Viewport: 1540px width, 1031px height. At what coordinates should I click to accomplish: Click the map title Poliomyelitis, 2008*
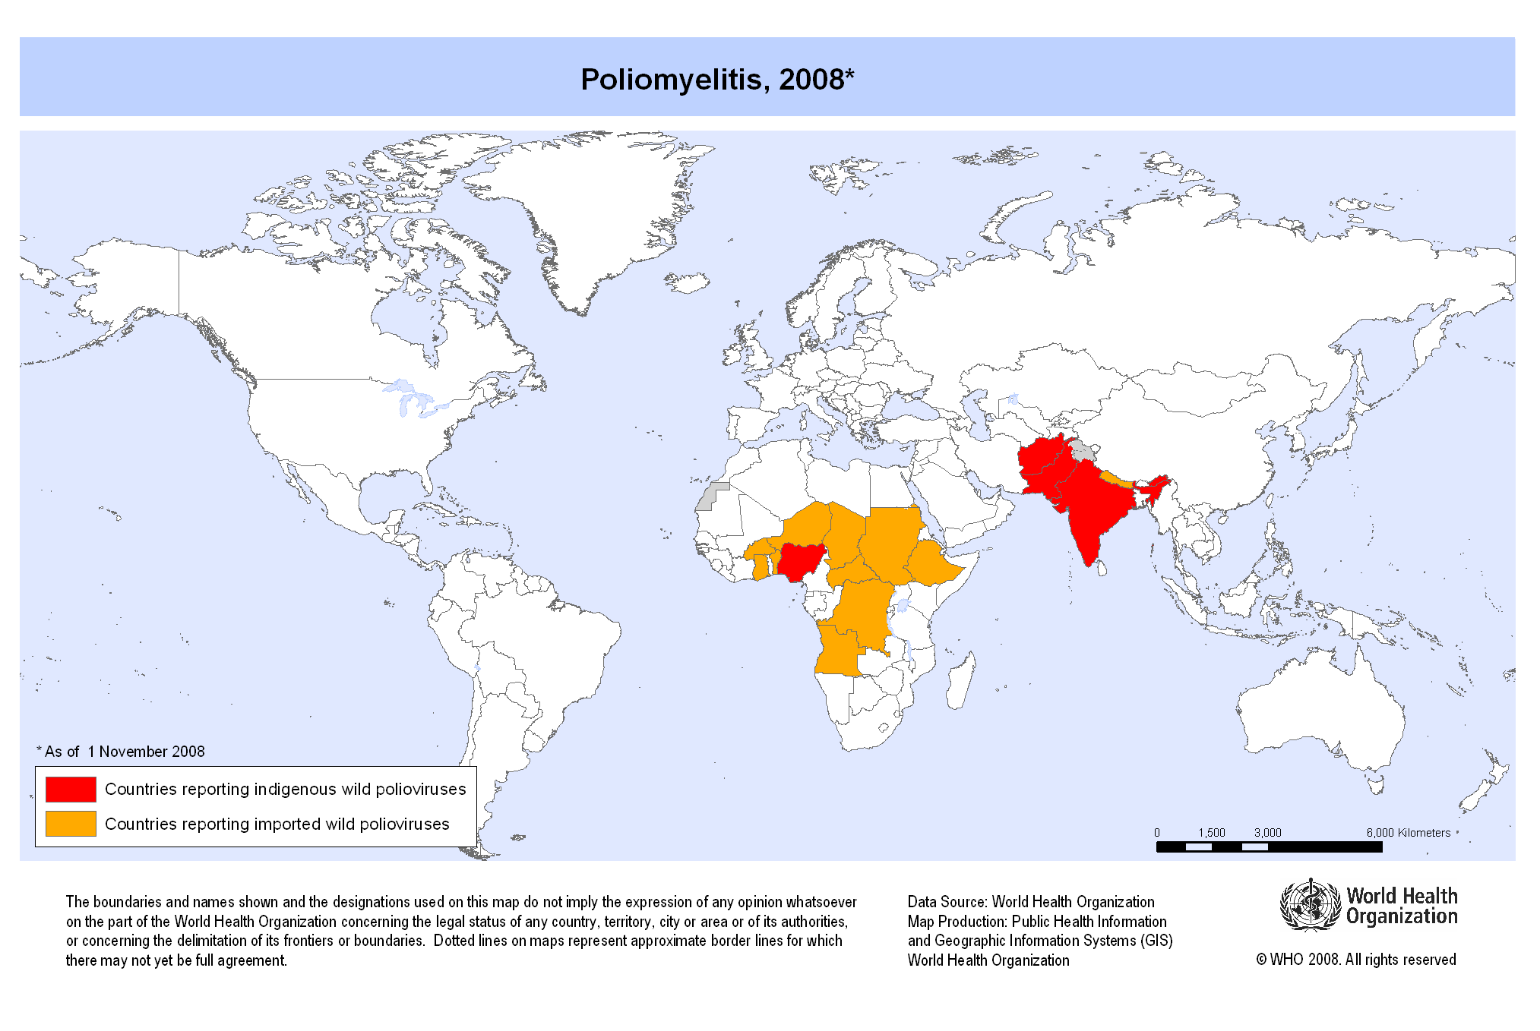(x=717, y=80)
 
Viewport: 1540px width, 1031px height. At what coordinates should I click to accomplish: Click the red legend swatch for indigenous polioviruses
(x=71, y=789)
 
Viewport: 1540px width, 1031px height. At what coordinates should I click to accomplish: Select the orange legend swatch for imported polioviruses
(x=71, y=824)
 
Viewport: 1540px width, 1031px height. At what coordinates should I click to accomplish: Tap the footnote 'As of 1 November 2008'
(x=122, y=752)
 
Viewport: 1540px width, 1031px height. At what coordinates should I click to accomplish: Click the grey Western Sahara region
(x=710, y=497)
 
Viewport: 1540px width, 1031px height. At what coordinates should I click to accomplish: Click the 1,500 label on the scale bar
(x=1212, y=833)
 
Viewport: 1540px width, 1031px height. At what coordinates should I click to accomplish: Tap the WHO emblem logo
(x=1310, y=904)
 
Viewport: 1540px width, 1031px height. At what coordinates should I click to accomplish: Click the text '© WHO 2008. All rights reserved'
(x=1355, y=960)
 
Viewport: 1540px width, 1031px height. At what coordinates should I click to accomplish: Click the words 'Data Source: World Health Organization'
(x=1030, y=902)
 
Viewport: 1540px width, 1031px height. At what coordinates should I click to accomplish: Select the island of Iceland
(x=688, y=284)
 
